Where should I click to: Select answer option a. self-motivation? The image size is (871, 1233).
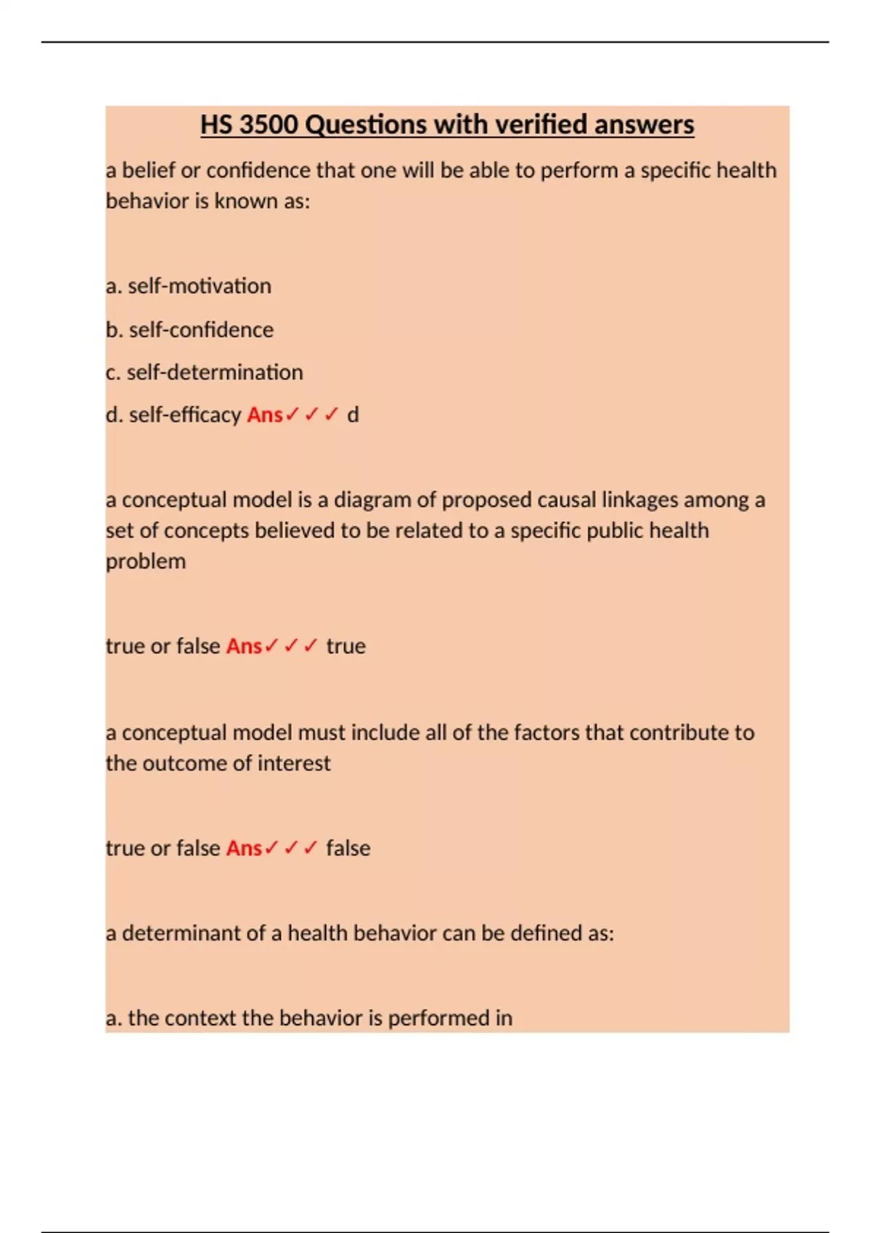pyautogui.click(x=189, y=286)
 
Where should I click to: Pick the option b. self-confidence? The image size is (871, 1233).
pyautogui.click(x=189, y=329)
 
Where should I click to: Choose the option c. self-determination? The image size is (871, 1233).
pyautogui.click(x=204, y=372)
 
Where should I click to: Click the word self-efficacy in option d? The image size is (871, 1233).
pyautogui.click(x=184, y=415)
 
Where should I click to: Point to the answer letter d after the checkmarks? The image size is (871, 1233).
pyautogui.click(x=353, y=415)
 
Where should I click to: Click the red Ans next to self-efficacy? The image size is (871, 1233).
pyautogui.click(x=264, y=415)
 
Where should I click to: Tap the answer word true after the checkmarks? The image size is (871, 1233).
pyautogui.click(x=345, y=646)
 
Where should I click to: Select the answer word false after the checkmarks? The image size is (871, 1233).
pyautogui.click(x=348, y=848)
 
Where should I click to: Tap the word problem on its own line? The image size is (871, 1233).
pyautogui.click(x=146, y=561)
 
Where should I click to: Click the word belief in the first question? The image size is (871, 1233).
pyautogui.click(x=148, y=170)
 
